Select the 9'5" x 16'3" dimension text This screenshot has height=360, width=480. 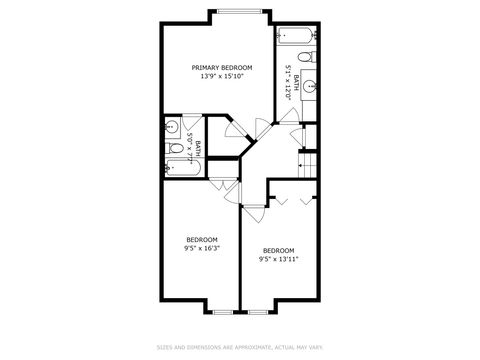[203, 248]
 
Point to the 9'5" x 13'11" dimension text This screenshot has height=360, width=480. [278, 258]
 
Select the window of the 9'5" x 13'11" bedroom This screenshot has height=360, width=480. [257, 311]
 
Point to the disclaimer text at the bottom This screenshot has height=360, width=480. [239, 347]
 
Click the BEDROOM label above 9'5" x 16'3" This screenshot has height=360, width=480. [203, 239]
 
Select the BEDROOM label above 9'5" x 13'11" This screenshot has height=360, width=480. [278, 249]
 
